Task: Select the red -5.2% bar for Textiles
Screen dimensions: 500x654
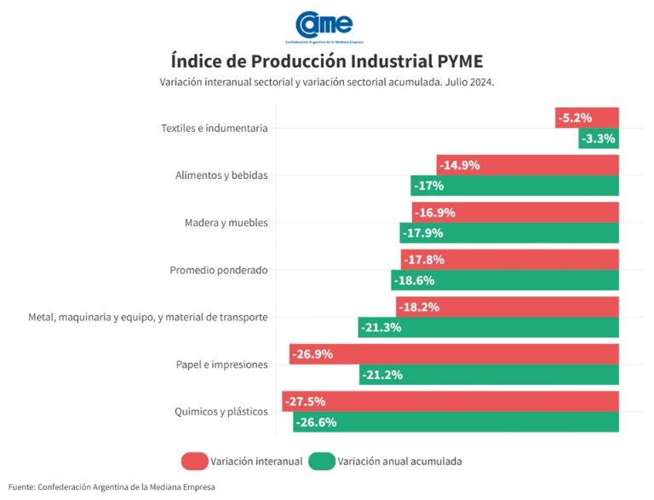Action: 587,118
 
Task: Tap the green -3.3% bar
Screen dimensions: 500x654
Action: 599,138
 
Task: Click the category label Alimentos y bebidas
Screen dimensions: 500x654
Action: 221,175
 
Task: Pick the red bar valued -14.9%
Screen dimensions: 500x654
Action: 528,165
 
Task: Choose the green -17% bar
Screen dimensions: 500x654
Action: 515,186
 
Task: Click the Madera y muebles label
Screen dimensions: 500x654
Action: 226,223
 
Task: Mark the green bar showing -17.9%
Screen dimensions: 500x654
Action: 509,233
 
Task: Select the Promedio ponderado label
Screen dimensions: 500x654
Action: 219,271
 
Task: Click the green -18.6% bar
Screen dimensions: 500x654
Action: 505,280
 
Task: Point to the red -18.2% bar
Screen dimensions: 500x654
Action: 508,307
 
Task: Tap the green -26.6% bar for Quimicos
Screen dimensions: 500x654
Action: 456,422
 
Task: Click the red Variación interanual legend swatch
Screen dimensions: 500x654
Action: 196,462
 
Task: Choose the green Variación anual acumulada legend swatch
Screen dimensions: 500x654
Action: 321,462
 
